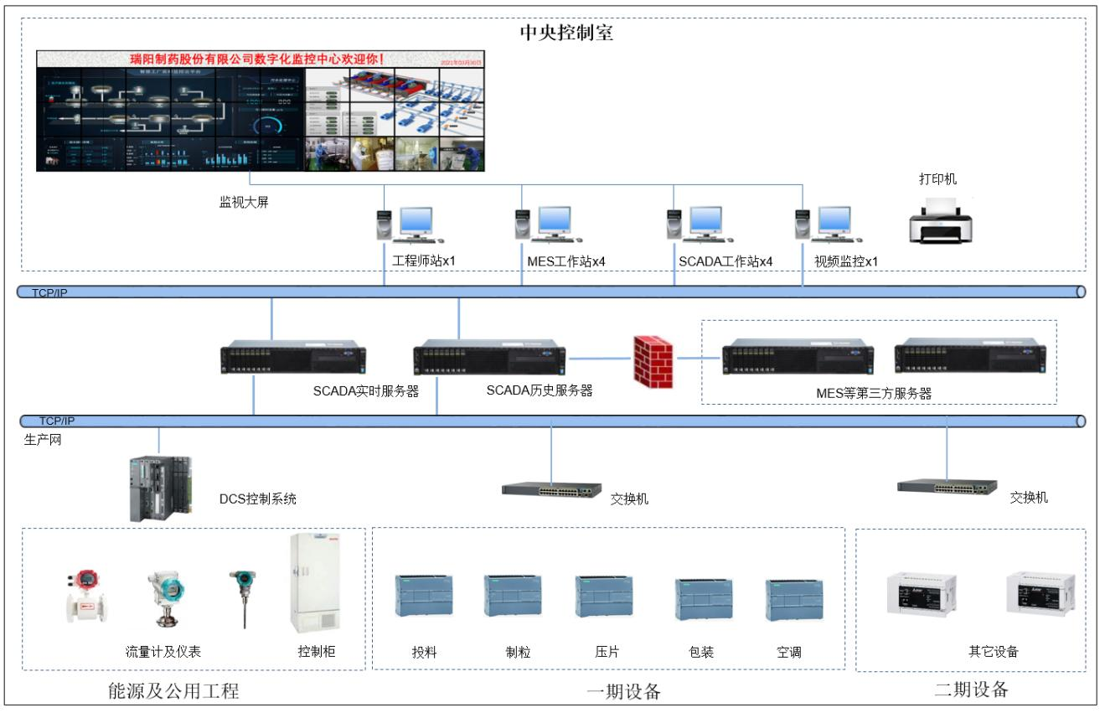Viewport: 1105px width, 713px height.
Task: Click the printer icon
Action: tap(942, 220)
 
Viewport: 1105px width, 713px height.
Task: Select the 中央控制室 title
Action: tap(568, 34)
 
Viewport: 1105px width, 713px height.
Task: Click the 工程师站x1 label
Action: tap(424, 261)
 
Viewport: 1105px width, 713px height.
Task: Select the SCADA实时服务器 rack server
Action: tap(293, 359)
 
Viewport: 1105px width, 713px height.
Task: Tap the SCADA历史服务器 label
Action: tap(540, 390)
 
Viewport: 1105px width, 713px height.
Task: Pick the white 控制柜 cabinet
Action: tap(314, 585)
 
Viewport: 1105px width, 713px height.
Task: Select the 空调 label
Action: tap(789, 652)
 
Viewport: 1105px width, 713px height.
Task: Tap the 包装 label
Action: tap(701, 652)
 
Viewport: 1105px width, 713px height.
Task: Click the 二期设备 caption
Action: tap(971, 690)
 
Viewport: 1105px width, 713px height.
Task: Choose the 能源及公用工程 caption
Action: tap(174, 691)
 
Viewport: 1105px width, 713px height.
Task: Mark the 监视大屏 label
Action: tap(239, 202)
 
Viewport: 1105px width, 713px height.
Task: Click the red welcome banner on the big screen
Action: tap(257, 59)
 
